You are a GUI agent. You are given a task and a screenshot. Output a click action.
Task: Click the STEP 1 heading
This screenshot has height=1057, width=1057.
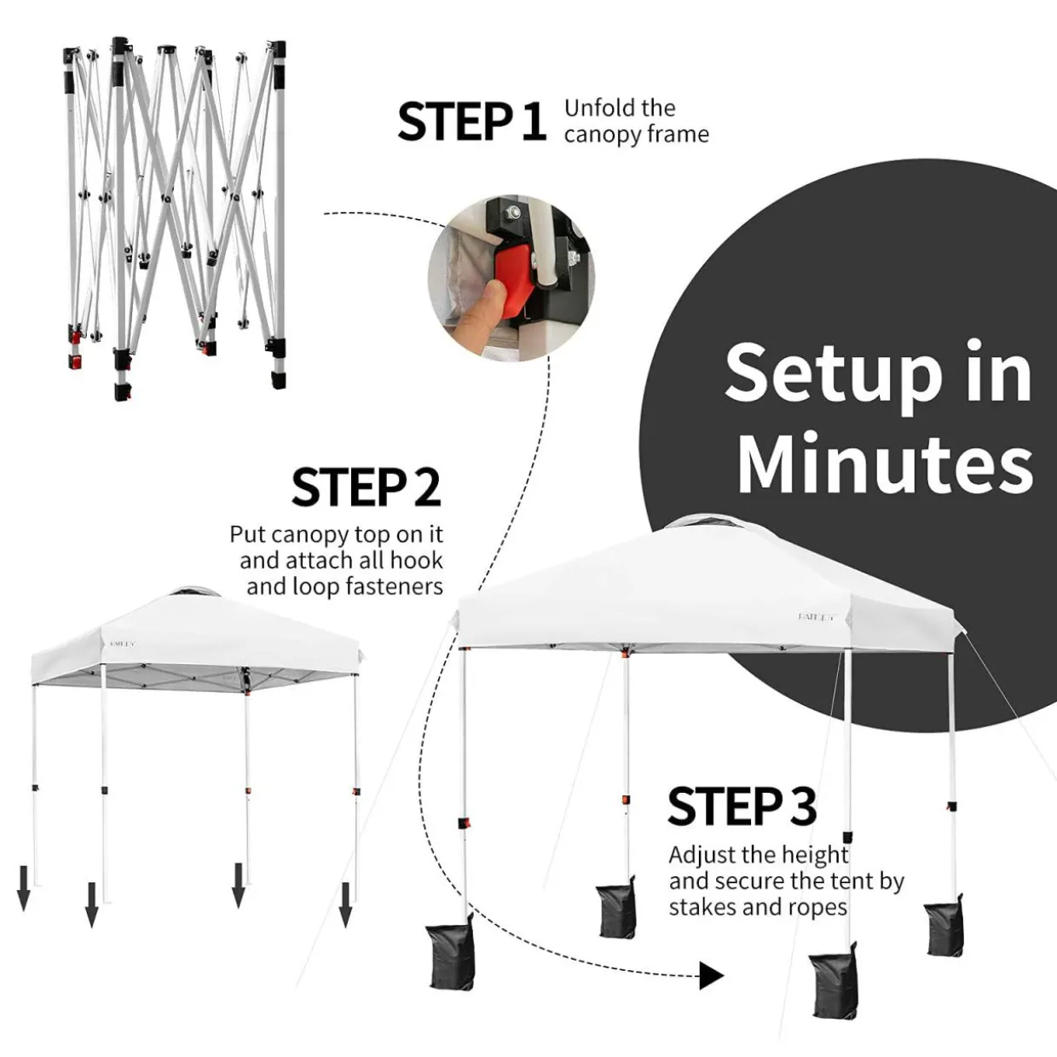471,121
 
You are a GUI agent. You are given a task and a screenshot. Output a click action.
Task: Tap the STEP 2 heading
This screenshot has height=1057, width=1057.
367,487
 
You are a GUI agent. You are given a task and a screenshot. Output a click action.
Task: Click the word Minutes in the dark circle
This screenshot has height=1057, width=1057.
885,464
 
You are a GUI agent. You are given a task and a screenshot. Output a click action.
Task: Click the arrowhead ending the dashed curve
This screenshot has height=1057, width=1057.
712,975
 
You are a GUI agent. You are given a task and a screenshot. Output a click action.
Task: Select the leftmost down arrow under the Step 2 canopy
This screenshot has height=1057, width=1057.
23,887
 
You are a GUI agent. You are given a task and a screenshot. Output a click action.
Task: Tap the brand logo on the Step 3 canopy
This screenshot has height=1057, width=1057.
817,617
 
